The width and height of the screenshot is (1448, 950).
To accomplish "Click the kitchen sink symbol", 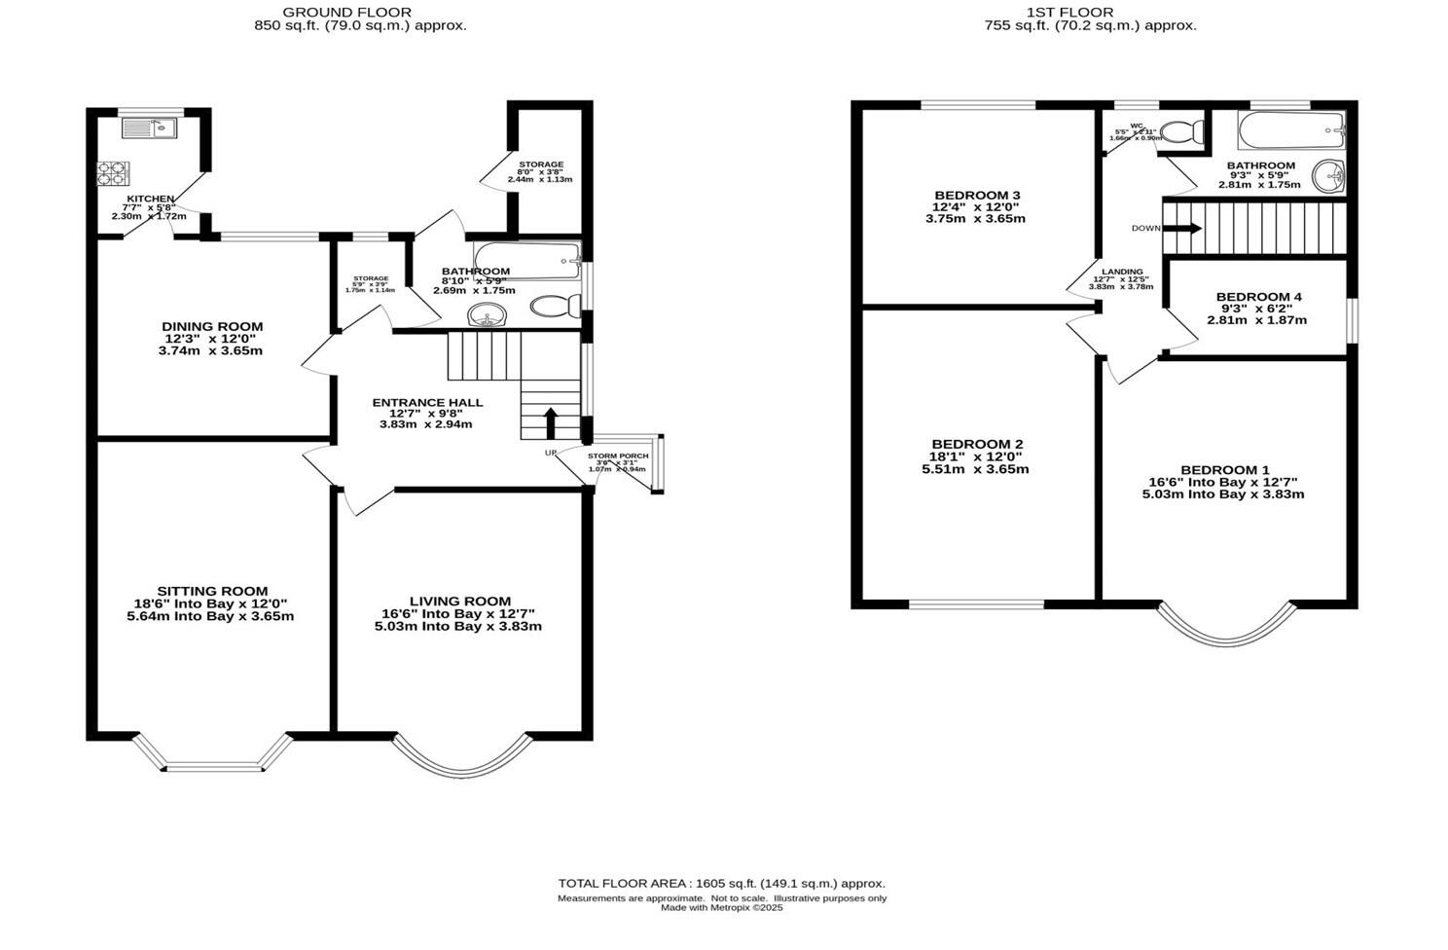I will pyautogui.click(x=148, y=127).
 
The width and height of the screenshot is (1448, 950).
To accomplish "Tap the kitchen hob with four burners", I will pyautogui.click(x=112, y=172).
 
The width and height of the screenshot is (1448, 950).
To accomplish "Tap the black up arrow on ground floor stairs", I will pyautogui.click(x=550, y=422).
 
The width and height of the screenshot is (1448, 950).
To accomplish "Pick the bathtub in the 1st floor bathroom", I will pyautogui.click(x=1290, y=129).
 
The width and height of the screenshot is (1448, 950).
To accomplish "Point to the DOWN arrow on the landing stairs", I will pyautogui.click(x=1182, y=229).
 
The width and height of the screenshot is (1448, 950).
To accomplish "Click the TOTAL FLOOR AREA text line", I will pyautogui.click(x=721, y=883).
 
